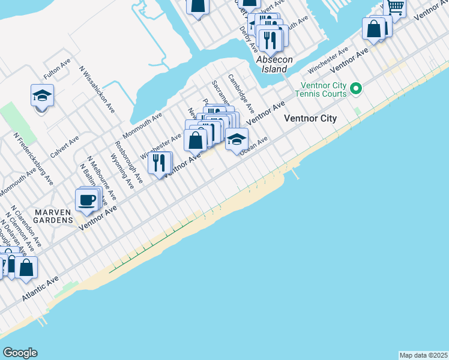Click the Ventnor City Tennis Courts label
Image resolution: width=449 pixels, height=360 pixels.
321,89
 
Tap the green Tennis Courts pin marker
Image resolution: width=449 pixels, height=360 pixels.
356,89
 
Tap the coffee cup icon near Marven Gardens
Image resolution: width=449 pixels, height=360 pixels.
87,200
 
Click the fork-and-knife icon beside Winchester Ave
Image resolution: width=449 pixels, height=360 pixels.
159,162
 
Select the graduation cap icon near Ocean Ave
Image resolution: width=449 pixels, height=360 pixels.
237,139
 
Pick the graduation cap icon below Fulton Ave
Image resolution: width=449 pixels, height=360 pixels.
43,95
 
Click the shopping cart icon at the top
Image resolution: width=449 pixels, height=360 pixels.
395,7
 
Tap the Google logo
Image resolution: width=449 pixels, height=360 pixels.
19,353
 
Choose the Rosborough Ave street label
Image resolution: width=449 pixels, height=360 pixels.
128,162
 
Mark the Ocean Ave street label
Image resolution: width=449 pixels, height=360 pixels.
253,146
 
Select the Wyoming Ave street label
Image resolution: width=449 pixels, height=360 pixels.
121,170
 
